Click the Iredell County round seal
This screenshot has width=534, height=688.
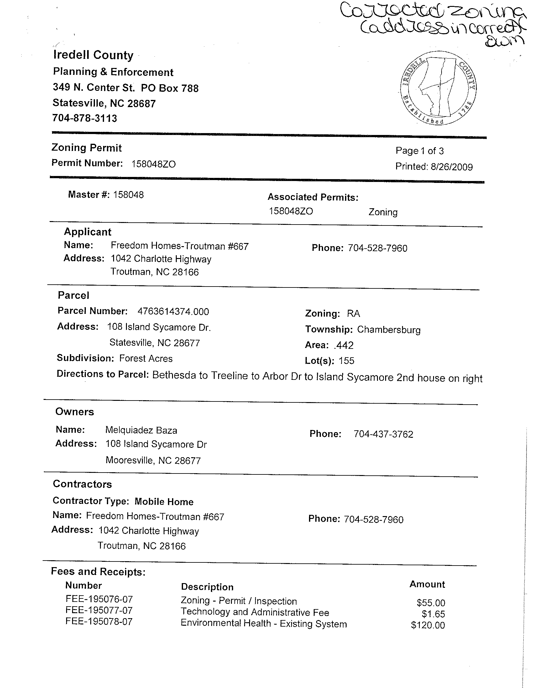(438, 88)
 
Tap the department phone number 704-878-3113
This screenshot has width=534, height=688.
(85, 118)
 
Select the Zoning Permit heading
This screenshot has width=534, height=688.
(87, 148)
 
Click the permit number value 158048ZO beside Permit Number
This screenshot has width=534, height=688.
(154, 164)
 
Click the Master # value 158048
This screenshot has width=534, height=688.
(128, 195)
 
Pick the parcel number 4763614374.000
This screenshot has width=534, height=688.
(173, 312)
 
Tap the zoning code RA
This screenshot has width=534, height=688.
(353, 313)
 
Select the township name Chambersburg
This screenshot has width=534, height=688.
(389, 330)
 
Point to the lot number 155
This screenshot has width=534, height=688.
(346, 361)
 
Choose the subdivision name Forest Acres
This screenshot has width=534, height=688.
(146, 359)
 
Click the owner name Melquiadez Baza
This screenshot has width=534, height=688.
(141, 430)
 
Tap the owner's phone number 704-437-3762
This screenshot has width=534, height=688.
(383, 434)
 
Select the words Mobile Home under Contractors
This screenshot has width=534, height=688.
(164, 502)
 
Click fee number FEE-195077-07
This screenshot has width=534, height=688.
(99, 610)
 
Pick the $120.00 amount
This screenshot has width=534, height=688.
(428, 625)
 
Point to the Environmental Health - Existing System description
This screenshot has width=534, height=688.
(264, 624)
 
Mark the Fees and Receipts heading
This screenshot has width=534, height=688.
(98, 572)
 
